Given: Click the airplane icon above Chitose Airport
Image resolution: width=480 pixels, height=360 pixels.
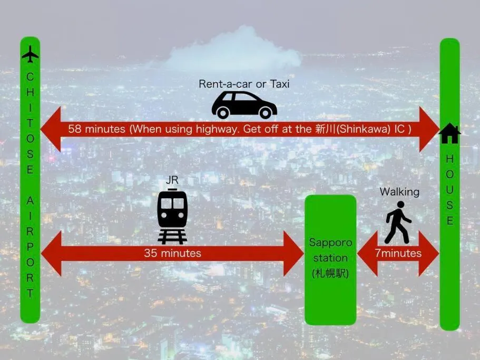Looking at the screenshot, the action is point(31,54).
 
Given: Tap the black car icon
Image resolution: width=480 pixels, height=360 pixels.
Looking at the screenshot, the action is point(244,105).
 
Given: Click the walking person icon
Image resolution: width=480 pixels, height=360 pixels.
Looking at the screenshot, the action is point(397,222).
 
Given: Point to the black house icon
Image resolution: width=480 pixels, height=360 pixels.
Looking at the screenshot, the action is point(449,133).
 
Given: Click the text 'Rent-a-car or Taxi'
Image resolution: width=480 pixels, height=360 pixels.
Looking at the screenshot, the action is point(244,84).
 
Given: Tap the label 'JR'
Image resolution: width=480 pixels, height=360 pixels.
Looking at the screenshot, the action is point(172,180).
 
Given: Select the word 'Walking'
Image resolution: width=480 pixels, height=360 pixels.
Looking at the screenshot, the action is point(399,192).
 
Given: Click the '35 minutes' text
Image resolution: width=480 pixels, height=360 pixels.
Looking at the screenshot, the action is point(173,253).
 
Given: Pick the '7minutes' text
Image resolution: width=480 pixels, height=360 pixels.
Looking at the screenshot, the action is point(398,253).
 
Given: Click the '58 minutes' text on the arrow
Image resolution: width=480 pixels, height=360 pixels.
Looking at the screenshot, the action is point(97,129).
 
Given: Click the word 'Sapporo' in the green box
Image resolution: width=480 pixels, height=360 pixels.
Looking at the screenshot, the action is point(330,242).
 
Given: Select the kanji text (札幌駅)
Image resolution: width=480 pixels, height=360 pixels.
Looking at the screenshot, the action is point(330,273).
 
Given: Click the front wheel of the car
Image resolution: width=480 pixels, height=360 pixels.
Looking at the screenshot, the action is point(266,113).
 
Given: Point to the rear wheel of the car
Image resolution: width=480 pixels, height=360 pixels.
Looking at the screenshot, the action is point(223,113).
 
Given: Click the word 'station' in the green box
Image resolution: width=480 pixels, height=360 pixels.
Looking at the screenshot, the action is point(330,258).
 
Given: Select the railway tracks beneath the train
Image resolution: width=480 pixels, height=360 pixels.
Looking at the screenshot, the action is point(172,237).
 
